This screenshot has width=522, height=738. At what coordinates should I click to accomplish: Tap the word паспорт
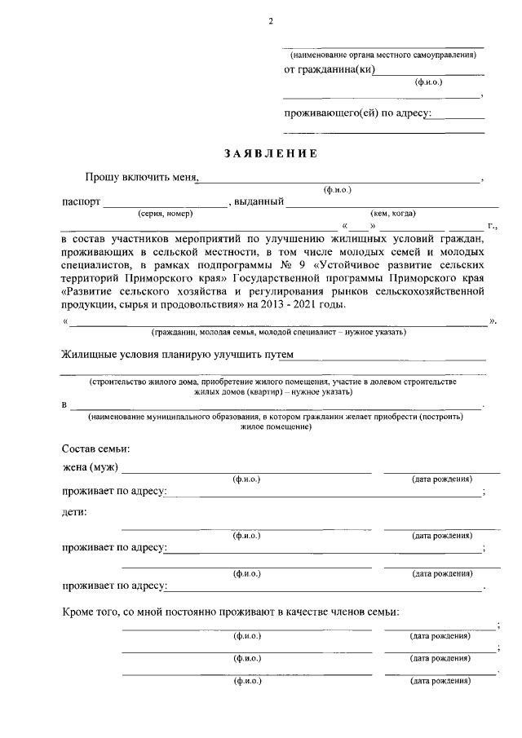[x=81, y=202]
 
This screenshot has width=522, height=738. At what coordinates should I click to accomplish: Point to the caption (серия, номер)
[x=166, y=214]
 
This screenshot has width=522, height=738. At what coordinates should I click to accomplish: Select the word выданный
[x=259, y=202]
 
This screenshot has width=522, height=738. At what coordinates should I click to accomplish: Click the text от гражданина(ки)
[x=329, y=70]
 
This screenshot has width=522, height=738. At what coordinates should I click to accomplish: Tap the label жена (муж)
[x=91, y=468]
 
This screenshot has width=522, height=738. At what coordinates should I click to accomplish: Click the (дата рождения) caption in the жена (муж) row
[x=441, y=479]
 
